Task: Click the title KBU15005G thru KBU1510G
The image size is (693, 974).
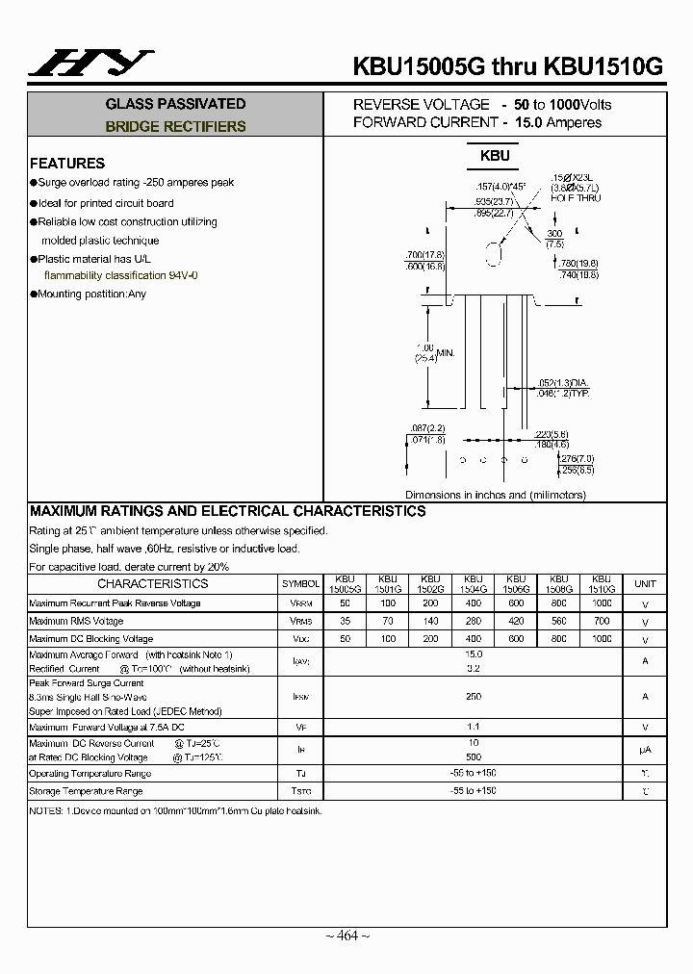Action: click(508, 66)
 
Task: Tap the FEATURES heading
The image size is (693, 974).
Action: click(67, 164)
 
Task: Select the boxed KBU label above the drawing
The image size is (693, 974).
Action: click(495, 155)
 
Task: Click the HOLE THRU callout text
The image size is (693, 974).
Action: click(576, 197)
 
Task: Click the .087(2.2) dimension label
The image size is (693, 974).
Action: click(426, 427)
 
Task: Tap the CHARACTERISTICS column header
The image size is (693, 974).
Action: click(152, 583)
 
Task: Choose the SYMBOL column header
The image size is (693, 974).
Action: click(300, 584)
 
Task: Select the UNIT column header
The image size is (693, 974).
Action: click(645, 584)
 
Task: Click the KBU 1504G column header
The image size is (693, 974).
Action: click(473, 583)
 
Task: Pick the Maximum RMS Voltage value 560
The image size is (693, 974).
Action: click(558, 621)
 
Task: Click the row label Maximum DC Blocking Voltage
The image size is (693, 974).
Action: click(91, 639)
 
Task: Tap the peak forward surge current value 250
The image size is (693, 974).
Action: click(473, 696)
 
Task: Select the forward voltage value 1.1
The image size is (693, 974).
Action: click(473, 727)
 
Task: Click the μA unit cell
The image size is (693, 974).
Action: click(645, 750)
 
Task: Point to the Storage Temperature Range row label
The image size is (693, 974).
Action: click(86, 791)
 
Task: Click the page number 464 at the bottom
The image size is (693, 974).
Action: click(346, 936)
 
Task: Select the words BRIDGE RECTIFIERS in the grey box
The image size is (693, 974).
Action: click(175, 126)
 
